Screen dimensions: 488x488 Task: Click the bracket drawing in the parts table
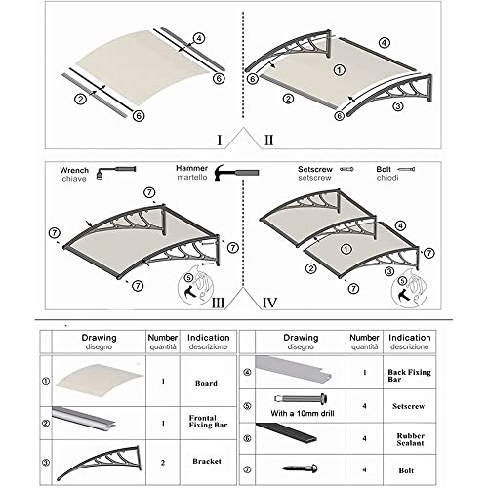95,460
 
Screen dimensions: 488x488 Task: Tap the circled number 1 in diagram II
340,69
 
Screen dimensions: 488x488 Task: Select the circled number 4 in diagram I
198,39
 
